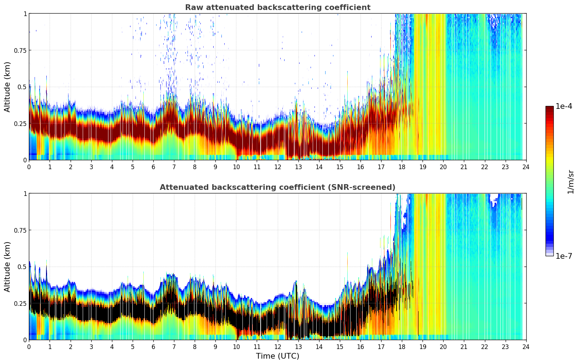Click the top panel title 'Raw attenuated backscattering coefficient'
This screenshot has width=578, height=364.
(277, 7)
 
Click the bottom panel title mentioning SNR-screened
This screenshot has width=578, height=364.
(277, 187)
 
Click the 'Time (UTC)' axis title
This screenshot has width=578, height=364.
(277, 356)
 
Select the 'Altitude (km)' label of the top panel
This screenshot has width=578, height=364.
(7, 87)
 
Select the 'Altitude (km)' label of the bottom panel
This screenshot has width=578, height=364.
(7, 267)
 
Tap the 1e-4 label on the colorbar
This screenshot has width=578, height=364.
(564, 106)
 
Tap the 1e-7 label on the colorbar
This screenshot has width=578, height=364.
(564, 256)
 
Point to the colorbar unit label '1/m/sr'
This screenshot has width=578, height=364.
(571, 182)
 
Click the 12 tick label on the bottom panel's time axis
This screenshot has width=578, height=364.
(277, 347)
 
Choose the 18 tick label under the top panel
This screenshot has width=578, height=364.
(402, 167)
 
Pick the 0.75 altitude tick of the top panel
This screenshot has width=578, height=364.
(20, 50)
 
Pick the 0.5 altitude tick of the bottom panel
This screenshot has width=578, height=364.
(22, 267)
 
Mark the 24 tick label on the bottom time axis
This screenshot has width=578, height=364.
(526, 347)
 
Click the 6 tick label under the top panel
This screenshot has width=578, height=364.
(153, 167)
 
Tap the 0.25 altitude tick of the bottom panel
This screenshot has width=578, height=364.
(20, 303)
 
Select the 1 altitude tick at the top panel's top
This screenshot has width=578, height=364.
(25, 14)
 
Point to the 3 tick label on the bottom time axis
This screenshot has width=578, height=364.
(91, 347)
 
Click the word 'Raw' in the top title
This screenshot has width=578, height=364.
(193, 7)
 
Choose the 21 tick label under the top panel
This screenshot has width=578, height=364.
(464, 167)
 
